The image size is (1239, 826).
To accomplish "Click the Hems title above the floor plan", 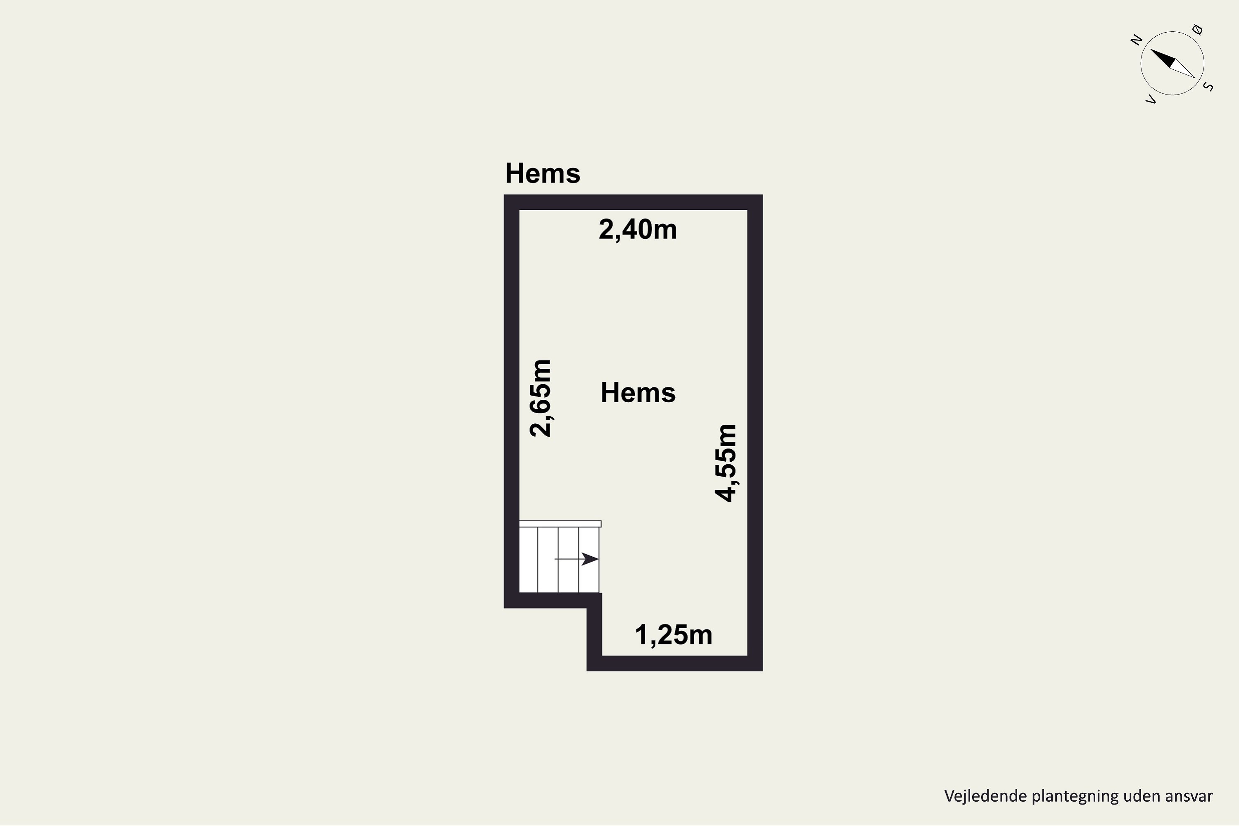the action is pyautogui.click(x=543, y=173).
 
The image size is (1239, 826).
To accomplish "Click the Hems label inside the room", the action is pyautogui.click(x=638, y=393).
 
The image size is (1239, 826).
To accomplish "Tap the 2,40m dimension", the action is pyautogui.click(x=638, y=230).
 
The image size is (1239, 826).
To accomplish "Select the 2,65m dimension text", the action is pyautogui.click(x=541, y=398).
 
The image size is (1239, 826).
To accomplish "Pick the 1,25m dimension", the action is pyautogui.click(x=674, y=635).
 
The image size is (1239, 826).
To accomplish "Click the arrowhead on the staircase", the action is pyautogui.click(x=590, y=559).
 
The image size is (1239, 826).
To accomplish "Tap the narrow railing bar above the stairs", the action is pyautogui.click(x=560, y=524).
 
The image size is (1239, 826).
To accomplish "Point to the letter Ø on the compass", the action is pyautogui.click(x=1197, y=29).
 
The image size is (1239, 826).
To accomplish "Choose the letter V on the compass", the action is pyautogui.click(x=1151, y=99).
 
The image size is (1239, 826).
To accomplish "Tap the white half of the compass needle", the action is pyautogui.click(x=1183, y=69).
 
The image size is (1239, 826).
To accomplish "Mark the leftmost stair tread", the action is pyautogui.click(x=528, y=560).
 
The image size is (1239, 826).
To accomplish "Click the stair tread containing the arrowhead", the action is pyautogui.click(x=589, y=560).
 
